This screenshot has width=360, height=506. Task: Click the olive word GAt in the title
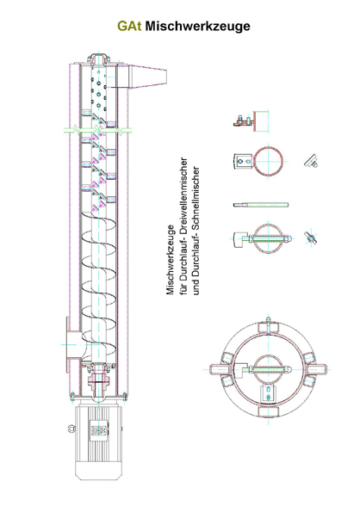[129, 26]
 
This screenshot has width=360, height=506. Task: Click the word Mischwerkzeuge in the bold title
[197, 26]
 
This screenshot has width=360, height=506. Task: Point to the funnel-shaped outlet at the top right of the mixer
[148, 77]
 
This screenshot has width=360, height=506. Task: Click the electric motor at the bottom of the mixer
[98, 442]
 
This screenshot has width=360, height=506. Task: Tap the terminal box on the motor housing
[98, 430]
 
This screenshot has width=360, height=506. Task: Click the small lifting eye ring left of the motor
[71, 429]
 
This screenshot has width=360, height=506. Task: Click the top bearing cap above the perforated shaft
[99, 59]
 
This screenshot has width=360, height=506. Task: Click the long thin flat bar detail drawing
[261, 205]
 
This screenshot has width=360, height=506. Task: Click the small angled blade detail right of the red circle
[311, 161]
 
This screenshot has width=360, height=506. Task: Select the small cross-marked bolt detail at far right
[311, 238]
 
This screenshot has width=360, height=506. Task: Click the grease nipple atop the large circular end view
[269, 321]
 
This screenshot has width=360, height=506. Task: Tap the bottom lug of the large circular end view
[269, 411]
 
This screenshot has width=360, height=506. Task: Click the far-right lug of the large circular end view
[317, 369]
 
